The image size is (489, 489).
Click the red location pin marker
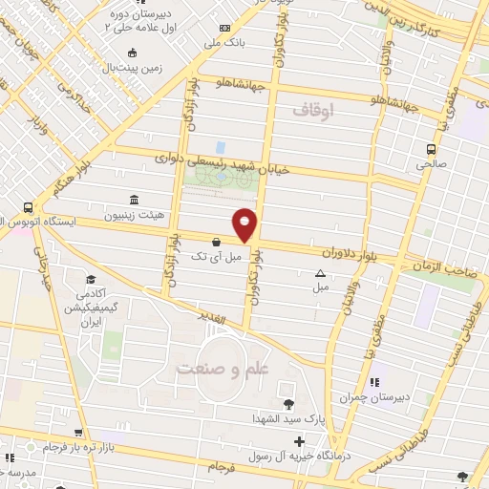(245, 223)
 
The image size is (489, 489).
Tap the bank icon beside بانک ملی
(224, 28)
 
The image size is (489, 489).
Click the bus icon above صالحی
(432, 148)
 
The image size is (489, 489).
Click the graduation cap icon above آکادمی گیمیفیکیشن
(90, 281)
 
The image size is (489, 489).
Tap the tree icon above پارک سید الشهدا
(287, 402)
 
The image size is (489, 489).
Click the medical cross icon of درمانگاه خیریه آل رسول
(300, 440)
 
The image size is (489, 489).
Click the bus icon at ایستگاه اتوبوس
(30, 207)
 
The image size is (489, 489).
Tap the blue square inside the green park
(221, 148)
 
